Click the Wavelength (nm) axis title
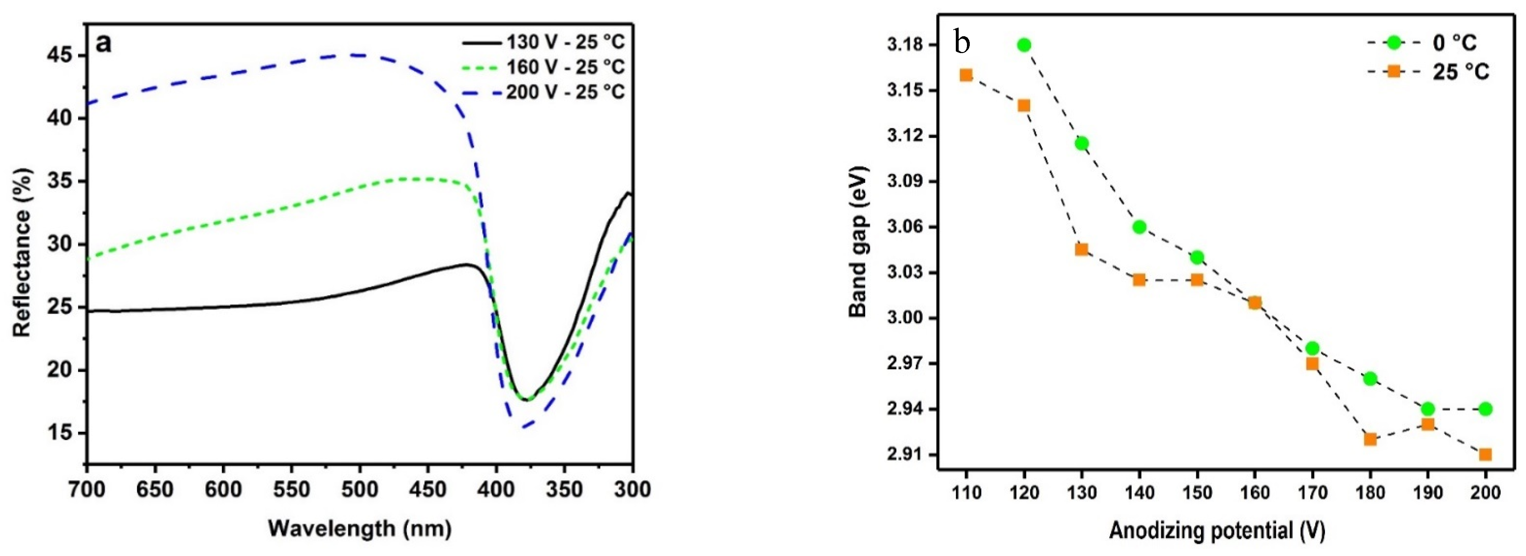pos(359,528)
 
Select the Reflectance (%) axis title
pos(22,253)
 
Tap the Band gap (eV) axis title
pos(858,242)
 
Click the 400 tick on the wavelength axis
pos(496,490)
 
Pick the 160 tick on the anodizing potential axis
pos(1255,493)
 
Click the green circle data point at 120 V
pos(1024,45)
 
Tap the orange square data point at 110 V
pos(966,75)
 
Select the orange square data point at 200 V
pos(1485,454)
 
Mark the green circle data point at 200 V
pos(1485,409)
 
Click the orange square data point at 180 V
pos(1370,439)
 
